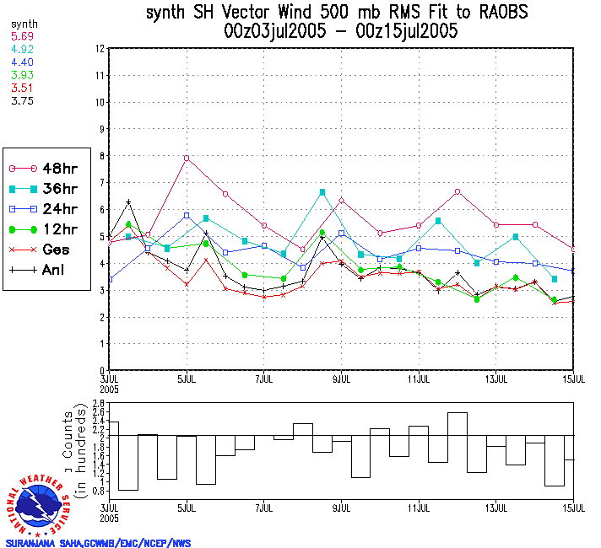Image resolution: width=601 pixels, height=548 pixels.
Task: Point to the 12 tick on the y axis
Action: click(x=100, y=49)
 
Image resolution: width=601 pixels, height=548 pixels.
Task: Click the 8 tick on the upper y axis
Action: click(x=100, y=156)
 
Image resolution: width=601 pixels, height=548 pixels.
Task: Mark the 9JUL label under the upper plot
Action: click(x=341, y=379)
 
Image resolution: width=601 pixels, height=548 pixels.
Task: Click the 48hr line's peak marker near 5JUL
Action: click(x=187, y=158)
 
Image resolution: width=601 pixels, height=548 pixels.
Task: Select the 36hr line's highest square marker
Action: click(x=322, y=192)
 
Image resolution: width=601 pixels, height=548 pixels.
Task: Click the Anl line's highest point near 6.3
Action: click(x=128, y=202)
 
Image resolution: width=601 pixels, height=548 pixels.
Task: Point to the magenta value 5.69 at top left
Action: click(x=22, y=37)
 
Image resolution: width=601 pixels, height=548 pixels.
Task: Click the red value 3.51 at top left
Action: click(x=22, y=87)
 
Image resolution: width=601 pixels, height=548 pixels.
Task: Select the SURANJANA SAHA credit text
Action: click(x=98, y=543)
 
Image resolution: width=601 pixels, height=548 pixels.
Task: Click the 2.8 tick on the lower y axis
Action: click(x=98, y=404)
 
